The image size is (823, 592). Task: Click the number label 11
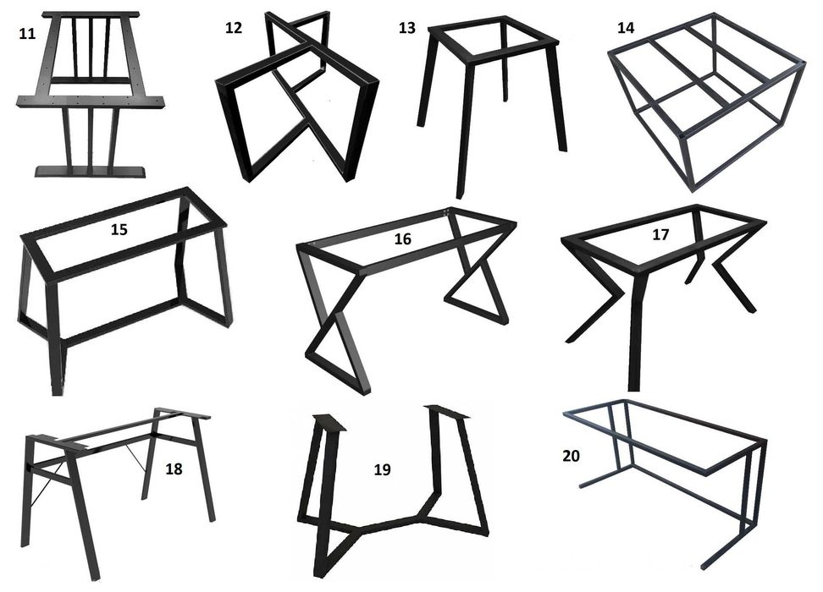coord(27,34)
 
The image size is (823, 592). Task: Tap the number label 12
coord(234,27)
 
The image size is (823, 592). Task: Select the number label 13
coord(406,28)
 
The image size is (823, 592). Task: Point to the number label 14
coord(625,27)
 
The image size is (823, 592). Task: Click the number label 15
coord(119,229)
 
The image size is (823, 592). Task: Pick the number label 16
coord(402,239)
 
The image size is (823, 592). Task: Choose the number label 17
coord(660,234)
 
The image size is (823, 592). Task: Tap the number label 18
coord(174,469)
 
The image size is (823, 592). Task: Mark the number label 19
coord(382,469)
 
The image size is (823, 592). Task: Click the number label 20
coord(571,456)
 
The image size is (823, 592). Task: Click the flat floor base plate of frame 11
coord(91,172)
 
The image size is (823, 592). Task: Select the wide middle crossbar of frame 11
coord(91,101)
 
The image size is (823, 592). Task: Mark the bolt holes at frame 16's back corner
coord(447,212)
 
